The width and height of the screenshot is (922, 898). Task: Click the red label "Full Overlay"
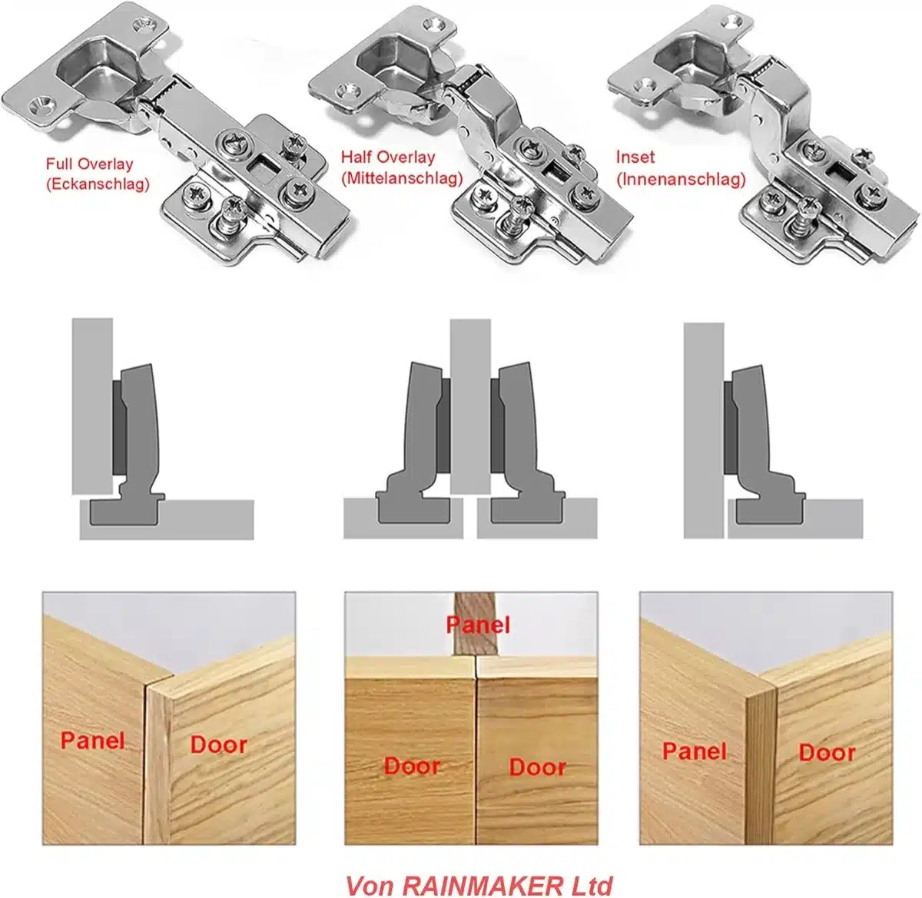(x=90, y=164)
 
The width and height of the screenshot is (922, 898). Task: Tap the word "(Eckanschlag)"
(x=98, y=184)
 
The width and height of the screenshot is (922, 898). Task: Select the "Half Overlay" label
(x=388, y=157)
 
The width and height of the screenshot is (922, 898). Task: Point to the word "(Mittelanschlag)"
(x=402, y=178)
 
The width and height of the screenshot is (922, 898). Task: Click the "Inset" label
(x=635, y=157)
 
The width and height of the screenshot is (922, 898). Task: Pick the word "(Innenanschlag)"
(x=681, y=180)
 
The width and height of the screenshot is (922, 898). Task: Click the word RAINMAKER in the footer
(x=489, y=884)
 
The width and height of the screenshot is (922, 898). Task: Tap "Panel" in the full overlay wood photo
(x=93, y=740)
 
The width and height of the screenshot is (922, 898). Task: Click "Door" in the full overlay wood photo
(x=218, y=744)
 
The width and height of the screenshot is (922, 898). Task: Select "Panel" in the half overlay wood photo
(x=478, y=625)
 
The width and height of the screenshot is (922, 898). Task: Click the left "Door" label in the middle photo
(x=412, y=766)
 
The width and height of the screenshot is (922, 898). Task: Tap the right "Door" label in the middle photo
(x=537, y=767)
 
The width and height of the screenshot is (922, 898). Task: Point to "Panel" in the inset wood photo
(x=694, y=751)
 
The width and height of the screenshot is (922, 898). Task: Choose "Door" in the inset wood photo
(x=827, y=753)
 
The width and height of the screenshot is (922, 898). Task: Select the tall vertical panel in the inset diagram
(x=704, y=430)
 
